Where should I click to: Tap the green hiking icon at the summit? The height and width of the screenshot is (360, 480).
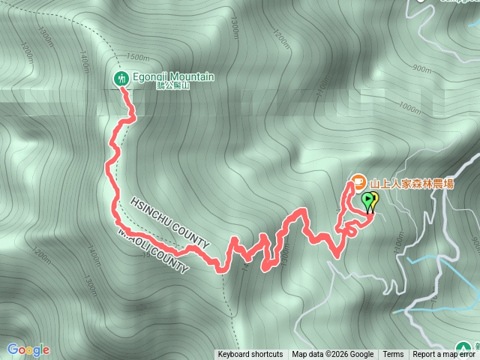(x=121, y=78)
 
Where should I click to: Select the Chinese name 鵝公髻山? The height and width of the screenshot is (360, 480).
(x=174, y=86)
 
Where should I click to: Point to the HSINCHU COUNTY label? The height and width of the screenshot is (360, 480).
(x=169, y=223)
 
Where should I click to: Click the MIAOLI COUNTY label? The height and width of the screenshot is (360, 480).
(x=154, y=251)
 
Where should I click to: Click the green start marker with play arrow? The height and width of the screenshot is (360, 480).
(x=368, y=201)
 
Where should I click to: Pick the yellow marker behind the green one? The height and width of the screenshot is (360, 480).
(x=373, y=199)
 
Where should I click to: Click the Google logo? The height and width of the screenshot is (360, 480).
(x=28, y=349)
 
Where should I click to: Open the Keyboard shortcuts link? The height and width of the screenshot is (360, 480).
(x=250, y=355)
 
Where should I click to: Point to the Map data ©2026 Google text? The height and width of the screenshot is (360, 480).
(x=333, y=355)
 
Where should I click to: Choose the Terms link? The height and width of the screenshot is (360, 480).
(x=393, y=355)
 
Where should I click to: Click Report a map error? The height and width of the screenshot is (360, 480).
(x=444, y=355)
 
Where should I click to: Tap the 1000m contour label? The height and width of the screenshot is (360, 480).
(x=409, y=108)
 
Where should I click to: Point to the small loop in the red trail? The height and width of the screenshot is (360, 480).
(x=349, y=231)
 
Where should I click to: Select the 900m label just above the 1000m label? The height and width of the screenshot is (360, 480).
(x=422, y=69)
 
